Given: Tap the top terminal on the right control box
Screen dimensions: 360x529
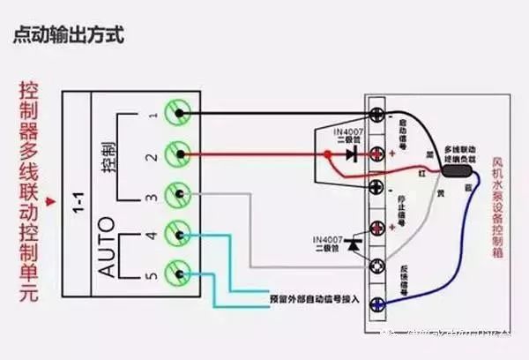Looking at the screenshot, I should coord(379,115).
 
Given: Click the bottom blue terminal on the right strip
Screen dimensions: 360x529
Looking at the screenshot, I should coord(379,306).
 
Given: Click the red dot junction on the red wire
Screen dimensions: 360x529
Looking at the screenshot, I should coord(328,154).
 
